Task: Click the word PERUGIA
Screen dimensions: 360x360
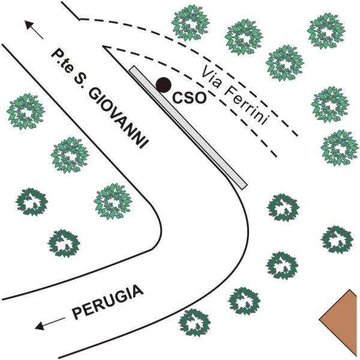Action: coord(108,302)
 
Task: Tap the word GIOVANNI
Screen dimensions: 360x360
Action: coord(118,118)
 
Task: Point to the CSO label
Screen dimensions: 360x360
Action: coord(190,98)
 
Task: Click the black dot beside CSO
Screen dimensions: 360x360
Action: coord(163,85)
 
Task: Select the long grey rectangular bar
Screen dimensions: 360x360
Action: coord(188,128)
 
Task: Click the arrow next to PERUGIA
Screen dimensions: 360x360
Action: coord(50,323)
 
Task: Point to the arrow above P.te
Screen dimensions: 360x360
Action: coord(34,29)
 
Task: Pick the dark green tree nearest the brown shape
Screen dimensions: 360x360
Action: coord(337,239)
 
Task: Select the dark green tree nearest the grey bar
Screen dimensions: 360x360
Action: coord(283,208)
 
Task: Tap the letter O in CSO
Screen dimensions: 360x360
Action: coord(200,98)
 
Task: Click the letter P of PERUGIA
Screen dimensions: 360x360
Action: coord(77,314)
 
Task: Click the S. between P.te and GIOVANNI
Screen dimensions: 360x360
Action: coord(79,80)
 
